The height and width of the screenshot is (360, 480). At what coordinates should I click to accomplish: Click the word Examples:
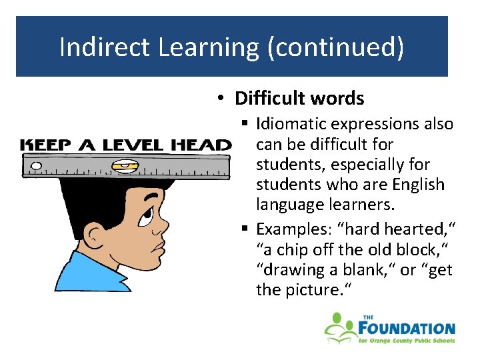tap(290, 229)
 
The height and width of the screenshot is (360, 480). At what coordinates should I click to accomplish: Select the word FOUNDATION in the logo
tap(407, 328)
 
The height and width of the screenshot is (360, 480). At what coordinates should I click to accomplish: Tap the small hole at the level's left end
tap(36, 165)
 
